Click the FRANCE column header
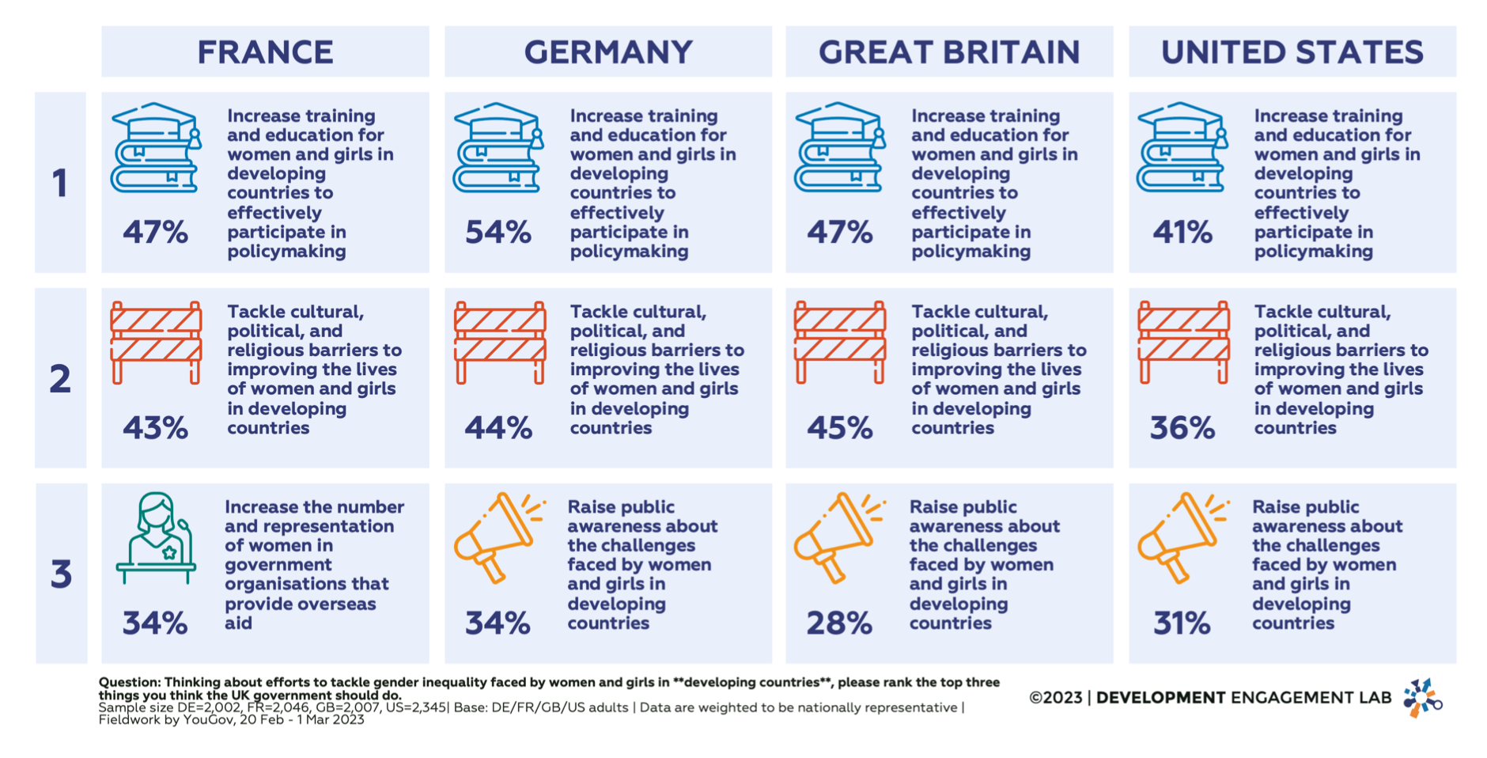pos(265,52)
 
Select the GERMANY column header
pos(607,52)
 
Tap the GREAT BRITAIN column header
pos(948,52)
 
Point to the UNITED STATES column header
pos(1292,52)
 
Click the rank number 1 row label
pos(60,184)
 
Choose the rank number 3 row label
pos(61,574)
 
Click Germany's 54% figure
pos(498,233)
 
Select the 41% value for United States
pos(1182,233)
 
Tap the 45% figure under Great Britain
pos(839,428)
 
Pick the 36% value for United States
pos(1182,428)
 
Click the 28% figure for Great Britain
pos(838,623)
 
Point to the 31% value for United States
pos(1181,623)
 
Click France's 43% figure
pos(155,428)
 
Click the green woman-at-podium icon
pos(156,538)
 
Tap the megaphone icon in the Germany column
pos(498,536)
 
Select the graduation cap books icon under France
pos(156,147)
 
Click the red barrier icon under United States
pos(1183,342)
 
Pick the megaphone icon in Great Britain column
pos(838,536)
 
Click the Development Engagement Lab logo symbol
pos(1422,698)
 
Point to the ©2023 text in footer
pos(1055,698)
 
